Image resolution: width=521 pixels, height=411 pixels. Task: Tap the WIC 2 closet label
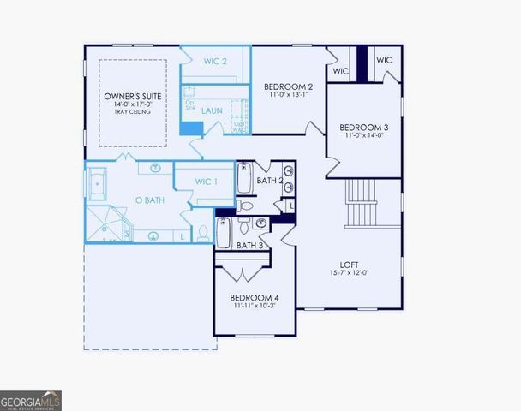215,61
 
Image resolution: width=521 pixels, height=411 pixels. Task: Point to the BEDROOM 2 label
288,86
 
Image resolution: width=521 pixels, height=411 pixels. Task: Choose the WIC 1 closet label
207,181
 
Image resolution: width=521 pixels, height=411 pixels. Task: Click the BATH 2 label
269,181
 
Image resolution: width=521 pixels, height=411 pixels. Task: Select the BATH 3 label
249,246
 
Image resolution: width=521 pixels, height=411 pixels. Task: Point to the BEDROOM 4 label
255,298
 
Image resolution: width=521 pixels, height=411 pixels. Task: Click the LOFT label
347,264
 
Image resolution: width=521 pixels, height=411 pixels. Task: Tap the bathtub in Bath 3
224,232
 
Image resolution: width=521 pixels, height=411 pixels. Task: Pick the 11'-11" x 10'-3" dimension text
255,306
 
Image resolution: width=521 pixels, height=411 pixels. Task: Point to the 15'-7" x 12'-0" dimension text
347,272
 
